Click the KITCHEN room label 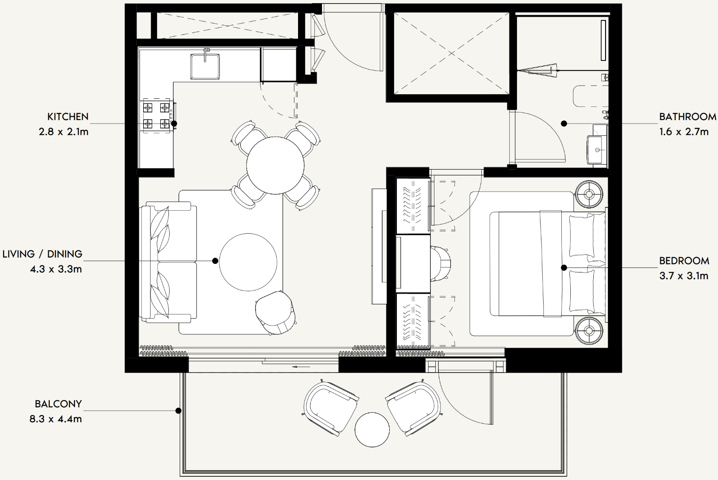[68, 117]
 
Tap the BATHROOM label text [688, 117]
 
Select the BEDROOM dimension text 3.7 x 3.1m [684, 276]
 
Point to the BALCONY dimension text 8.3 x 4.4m [56, 419]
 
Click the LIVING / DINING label [42, 254]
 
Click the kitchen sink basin [205, 66]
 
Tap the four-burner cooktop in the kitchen [156, 115]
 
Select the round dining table [275, 165]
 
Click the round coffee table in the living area [248, 262]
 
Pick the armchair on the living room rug [275, 312]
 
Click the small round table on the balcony [372, 430]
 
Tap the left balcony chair [331, 407]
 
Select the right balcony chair [414, 407]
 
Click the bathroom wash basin [597, 149]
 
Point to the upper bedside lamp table [589, 194]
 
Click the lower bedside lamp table [589, 331]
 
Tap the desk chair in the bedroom [441, 263]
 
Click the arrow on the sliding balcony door [301, 367]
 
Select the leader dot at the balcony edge [178, 411]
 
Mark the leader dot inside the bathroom [564, 123]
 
